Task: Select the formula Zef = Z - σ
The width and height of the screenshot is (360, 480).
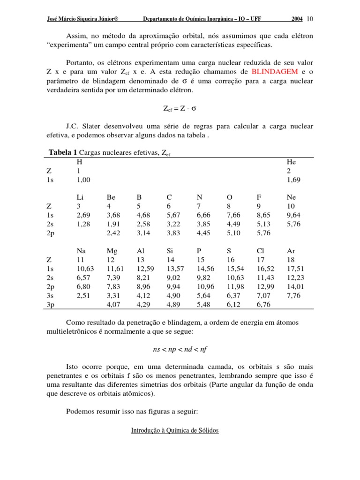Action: tap(180, 108)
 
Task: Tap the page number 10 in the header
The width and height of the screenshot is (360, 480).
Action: tap(310, 19)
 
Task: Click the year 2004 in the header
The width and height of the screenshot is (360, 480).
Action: tap(297, 19)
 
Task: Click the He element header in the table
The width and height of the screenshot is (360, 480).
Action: tap(291, 162)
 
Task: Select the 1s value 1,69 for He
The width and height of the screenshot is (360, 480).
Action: tap(293, 180)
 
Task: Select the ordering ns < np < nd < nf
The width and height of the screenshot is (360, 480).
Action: tap(180, 349)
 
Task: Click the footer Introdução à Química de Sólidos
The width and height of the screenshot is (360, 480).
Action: tap(175, 430)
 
